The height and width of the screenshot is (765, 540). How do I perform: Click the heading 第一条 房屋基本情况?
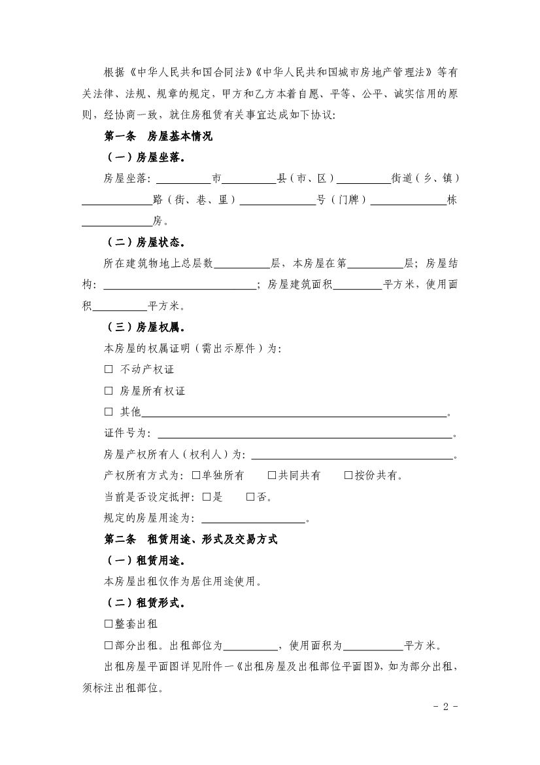[158, 137]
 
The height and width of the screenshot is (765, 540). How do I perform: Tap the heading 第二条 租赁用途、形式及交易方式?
[191, 539]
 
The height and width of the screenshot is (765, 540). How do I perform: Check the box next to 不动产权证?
[109, 369]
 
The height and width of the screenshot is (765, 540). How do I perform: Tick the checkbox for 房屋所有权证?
[109, 391]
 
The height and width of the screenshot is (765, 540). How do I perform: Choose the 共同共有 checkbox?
[272, 475]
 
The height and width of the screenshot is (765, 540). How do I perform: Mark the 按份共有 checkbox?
[348, 475]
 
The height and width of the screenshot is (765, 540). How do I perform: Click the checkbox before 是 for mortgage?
[207, 497]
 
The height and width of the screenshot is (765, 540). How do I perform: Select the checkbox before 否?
[250, 497]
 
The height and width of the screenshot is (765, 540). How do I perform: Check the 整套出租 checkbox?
[109, 624]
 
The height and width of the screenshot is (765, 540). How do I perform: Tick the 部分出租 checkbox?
[109, 645]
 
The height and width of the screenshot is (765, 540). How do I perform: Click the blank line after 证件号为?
[304, 435]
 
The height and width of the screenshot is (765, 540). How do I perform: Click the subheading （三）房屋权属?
[144, 327]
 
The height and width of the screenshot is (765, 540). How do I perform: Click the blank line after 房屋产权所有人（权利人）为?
[352, 457]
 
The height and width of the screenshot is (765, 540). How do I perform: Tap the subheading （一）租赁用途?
[144, 560]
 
